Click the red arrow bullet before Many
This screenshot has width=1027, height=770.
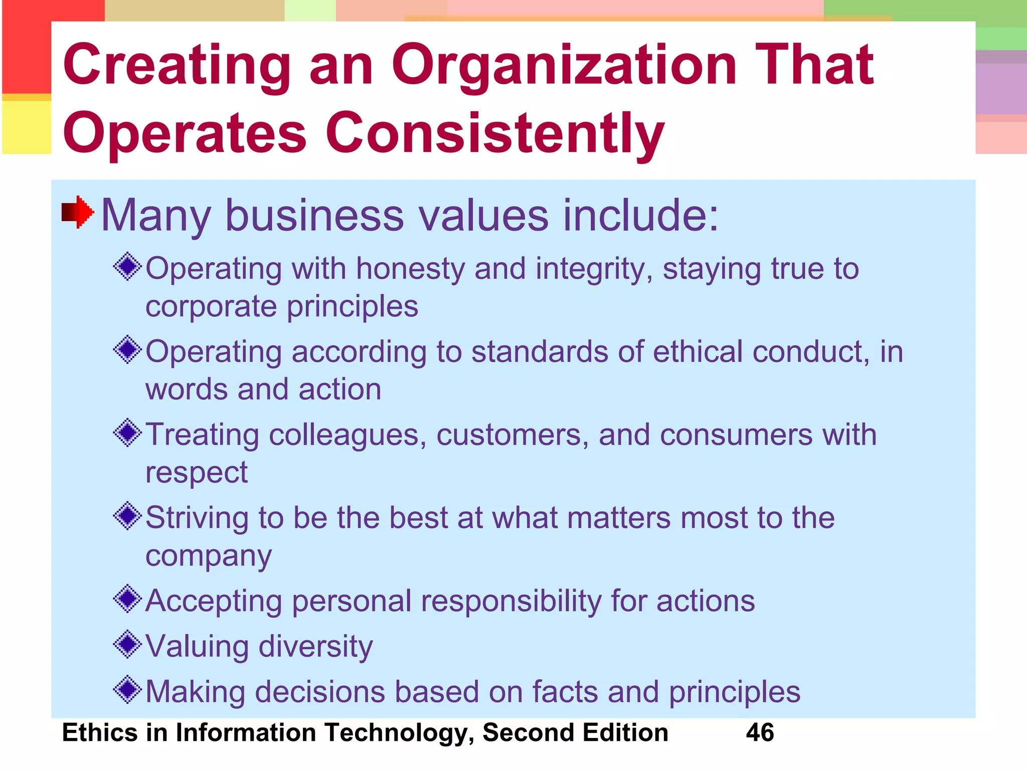tap(78, 212)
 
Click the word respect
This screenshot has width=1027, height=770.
tap(196, 473)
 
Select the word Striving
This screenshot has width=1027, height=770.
tap(197, 518)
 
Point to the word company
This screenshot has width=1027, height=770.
tap(209, 556)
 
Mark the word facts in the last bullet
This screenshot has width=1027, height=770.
tap(565, 692)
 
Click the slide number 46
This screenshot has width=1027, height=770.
tap(760, 732)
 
